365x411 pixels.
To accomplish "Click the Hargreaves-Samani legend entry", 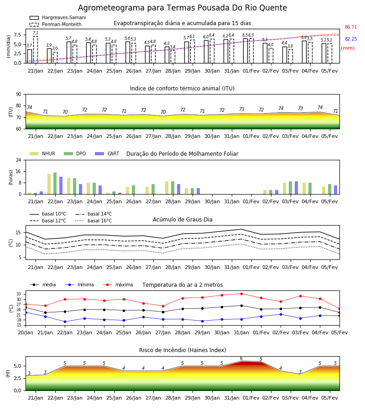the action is pos(57,17).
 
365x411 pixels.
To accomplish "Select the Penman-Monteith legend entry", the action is pos(56,24).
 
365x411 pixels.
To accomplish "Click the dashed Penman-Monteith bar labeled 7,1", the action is pos(35,50).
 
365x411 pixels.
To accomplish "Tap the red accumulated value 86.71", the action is pos(351,27).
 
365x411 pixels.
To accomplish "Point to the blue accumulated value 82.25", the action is pos(351,39).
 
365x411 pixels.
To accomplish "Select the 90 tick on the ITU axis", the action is pos(19,94).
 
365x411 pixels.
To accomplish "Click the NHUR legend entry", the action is pos(42,153).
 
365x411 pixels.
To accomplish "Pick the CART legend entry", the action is pos(107,153).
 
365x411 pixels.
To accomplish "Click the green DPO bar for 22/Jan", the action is pos(55,184).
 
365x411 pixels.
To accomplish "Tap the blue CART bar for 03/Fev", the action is pos(296,188).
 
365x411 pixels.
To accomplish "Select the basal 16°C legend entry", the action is pos(94,221).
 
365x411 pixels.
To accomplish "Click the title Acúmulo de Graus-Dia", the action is pos(182,219).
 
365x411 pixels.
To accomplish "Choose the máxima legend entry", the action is pos(118,285).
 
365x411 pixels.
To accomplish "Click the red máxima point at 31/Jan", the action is pos(241,294).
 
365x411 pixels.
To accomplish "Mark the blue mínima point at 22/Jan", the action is pos(65,321).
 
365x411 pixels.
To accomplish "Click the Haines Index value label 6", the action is pos(241,358).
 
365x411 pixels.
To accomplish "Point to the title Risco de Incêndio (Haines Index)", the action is pos(182,350).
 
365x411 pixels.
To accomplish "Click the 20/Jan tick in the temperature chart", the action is pos(26,332).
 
